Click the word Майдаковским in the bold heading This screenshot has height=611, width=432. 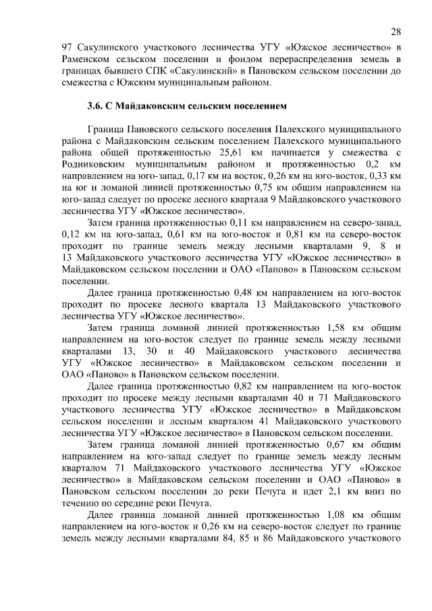[x=159, y=107]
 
